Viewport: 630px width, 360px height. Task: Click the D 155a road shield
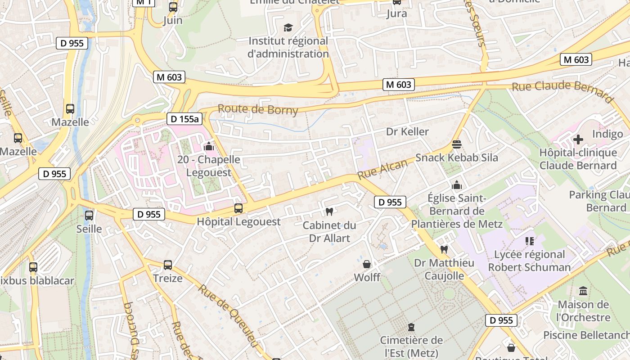184,119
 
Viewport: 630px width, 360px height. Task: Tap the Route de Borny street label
258,109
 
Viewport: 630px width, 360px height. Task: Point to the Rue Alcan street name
382,169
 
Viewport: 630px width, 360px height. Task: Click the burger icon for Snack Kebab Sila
457,144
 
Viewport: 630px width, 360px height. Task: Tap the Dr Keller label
407,131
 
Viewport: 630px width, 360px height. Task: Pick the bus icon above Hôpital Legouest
238,208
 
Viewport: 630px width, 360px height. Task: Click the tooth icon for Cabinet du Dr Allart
329,211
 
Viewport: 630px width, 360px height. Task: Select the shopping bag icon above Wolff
367,264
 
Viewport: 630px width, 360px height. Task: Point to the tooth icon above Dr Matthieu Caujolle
444,249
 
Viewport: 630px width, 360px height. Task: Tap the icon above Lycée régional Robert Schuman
529,241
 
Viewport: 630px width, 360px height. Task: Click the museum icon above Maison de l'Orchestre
583,291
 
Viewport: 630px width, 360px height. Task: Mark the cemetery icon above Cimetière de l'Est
411,327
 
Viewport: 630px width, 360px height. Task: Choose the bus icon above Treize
168,265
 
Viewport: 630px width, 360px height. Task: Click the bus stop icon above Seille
89,216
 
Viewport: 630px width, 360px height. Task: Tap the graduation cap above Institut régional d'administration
288,28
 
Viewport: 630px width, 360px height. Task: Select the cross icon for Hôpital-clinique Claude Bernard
578,139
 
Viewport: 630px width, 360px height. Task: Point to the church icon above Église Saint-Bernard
457,185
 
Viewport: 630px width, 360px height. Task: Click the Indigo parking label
607,134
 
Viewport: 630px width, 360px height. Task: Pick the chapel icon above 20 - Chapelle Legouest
208,146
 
